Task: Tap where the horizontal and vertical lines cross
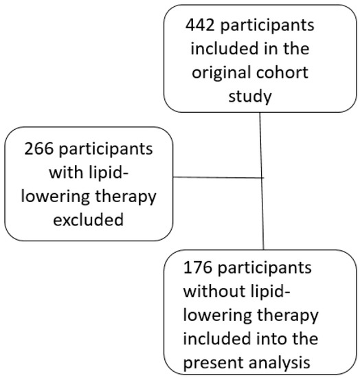[262, 178]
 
